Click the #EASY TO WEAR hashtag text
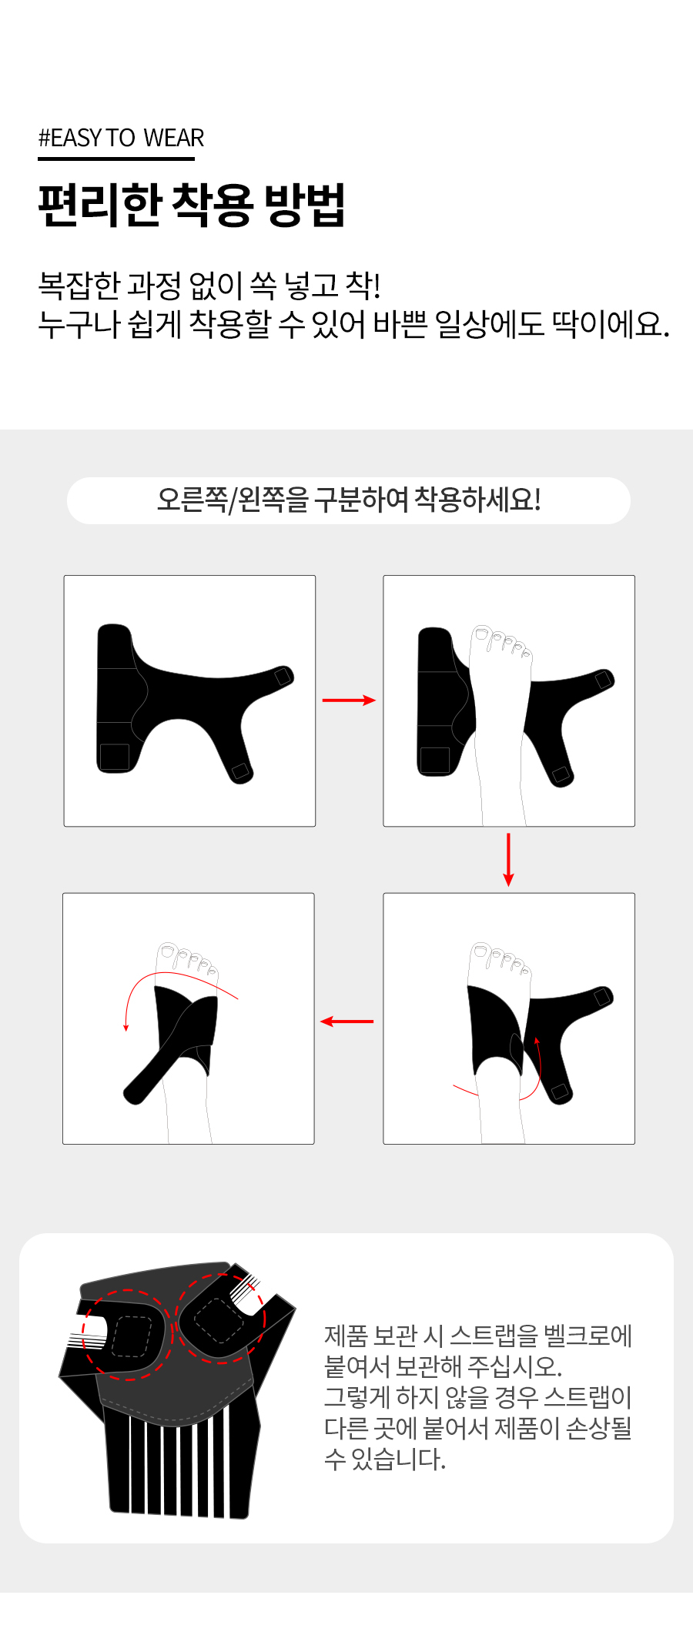click(121, 138)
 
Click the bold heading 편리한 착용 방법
click(192, 206)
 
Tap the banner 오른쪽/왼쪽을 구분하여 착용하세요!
click(349, 500)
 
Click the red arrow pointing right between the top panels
click(349, 700)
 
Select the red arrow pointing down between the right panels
click(508, 859)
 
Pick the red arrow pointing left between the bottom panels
click(346, 1021)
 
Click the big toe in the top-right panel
click(482, 636)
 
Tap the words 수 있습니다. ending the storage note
click(385, 1459)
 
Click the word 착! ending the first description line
click(363, 286)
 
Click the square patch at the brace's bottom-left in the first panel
click(115, 757)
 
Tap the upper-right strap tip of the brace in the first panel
click(284, 675)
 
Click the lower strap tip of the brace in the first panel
click(241, 771)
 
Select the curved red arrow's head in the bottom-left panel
click(126, 1027)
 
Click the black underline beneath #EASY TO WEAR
click(116, 159)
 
